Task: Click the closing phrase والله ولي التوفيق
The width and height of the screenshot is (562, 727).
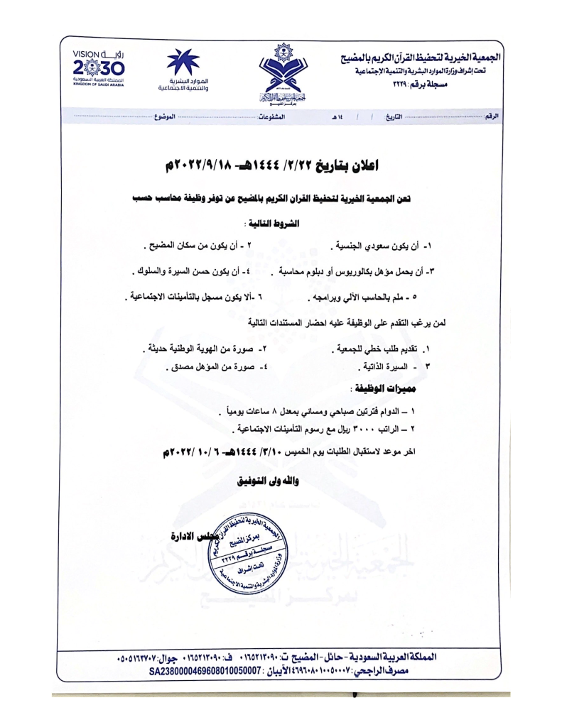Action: tap(267, 481)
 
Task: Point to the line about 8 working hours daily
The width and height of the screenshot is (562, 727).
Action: tap(324, 412)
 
